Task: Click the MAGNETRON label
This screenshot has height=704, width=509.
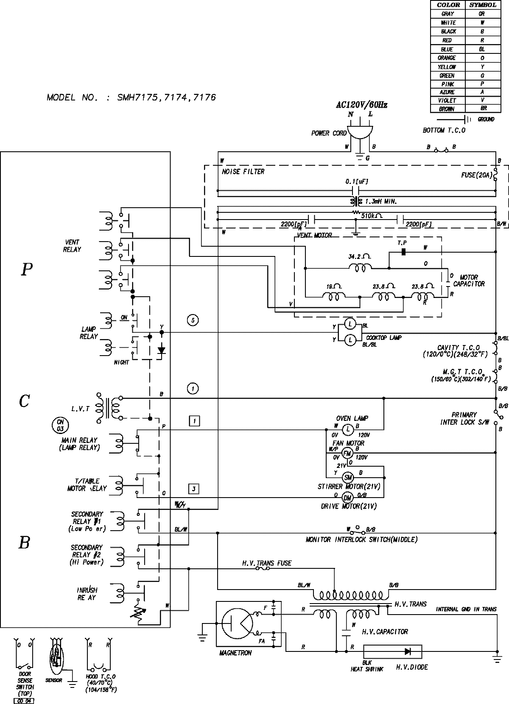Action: tap(235, 653)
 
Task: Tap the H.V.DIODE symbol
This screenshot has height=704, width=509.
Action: tap(409, 651)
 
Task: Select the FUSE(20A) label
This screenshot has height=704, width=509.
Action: tap(476, 175)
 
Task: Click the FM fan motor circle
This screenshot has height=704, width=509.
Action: tap(347, 453)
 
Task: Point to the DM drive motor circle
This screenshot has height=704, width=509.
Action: tap(347, 498)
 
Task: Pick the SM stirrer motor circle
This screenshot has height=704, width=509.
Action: tap(348, 477)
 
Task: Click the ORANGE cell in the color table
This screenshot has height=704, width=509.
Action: tap(447, 58)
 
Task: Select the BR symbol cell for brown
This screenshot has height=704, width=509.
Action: tap(482, 109)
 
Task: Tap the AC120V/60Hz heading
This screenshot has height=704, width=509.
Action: tap(360, 105)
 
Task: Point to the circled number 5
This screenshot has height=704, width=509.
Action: tap(193, 320)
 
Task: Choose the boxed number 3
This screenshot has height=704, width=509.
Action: tap(194, 489)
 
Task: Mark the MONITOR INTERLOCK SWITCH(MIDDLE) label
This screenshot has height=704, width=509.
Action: tap(361, 540)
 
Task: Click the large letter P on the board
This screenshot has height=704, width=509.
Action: tap(26, 270)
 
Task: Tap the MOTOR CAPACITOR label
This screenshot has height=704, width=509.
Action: tap(468, 281)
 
